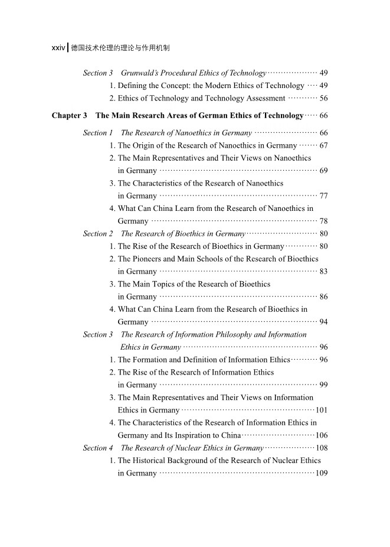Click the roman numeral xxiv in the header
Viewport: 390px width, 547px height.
[x=58, y=48]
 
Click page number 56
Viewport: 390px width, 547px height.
[x=323, y=99]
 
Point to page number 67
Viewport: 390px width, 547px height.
[x=323, y=145]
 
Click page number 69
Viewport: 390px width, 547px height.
[x=323, y=171]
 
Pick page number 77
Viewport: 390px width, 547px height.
[x=323, y=196]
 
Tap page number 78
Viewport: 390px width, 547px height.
[x=323, y=222]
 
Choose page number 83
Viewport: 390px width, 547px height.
[x=323, y=272]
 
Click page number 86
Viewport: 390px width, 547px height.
[x=323, y=297]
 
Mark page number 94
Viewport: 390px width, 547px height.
[x=323, y=323]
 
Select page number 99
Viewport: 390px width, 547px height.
[x=323, y=385]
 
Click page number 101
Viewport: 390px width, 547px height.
[x=322, y=411]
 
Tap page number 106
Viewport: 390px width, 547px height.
[x=322, y=435]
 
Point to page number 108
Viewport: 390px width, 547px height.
[x=322, y=448]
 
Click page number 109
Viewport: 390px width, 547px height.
[x=322, y=473]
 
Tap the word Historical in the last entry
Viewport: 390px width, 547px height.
[x=150, y=460]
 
